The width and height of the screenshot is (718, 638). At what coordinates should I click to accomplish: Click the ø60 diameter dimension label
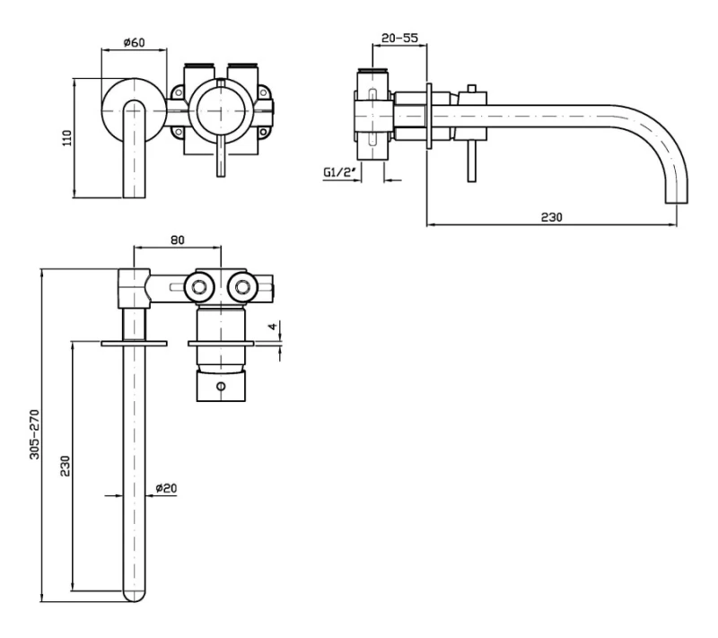pos(134,42)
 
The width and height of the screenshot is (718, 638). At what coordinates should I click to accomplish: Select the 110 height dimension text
pos(67,138)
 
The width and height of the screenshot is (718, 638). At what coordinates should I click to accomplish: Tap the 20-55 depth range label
pos(399,38)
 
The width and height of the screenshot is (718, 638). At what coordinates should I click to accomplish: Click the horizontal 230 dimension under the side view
pos(551,216)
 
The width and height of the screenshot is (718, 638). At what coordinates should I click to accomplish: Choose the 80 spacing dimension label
pos(177,240)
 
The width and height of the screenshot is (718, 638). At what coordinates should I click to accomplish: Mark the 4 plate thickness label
pos(273,327)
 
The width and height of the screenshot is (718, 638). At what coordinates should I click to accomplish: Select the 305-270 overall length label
pos(35,434)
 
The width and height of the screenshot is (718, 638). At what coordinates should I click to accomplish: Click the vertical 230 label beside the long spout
pos(66,466)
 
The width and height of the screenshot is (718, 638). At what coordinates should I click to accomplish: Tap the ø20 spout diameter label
pos(166,488)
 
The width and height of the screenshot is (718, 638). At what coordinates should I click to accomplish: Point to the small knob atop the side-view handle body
pos(472,88)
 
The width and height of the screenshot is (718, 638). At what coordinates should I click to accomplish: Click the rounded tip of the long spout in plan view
pos(134,596)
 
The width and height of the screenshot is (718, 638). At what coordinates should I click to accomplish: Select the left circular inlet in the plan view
pos(199,287)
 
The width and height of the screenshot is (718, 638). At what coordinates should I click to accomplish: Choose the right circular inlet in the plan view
pos(242,287)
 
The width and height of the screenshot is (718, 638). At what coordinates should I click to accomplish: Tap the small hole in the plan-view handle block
pos(221,386)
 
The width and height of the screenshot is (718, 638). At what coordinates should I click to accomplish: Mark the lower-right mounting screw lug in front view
pos(263,133)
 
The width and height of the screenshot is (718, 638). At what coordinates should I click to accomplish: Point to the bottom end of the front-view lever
pos(221,176)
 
